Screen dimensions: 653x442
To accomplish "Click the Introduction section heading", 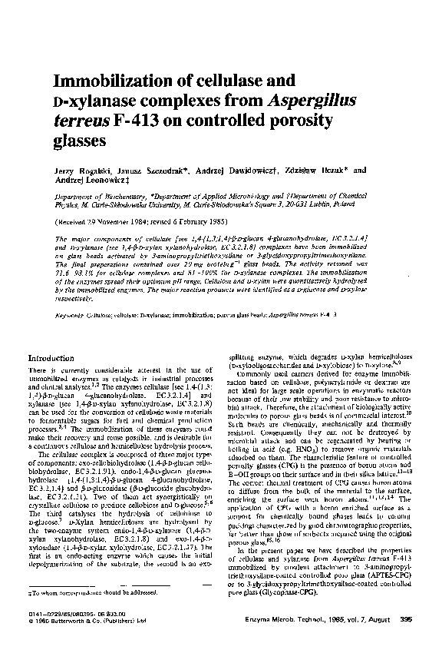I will [x=71, y=358].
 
